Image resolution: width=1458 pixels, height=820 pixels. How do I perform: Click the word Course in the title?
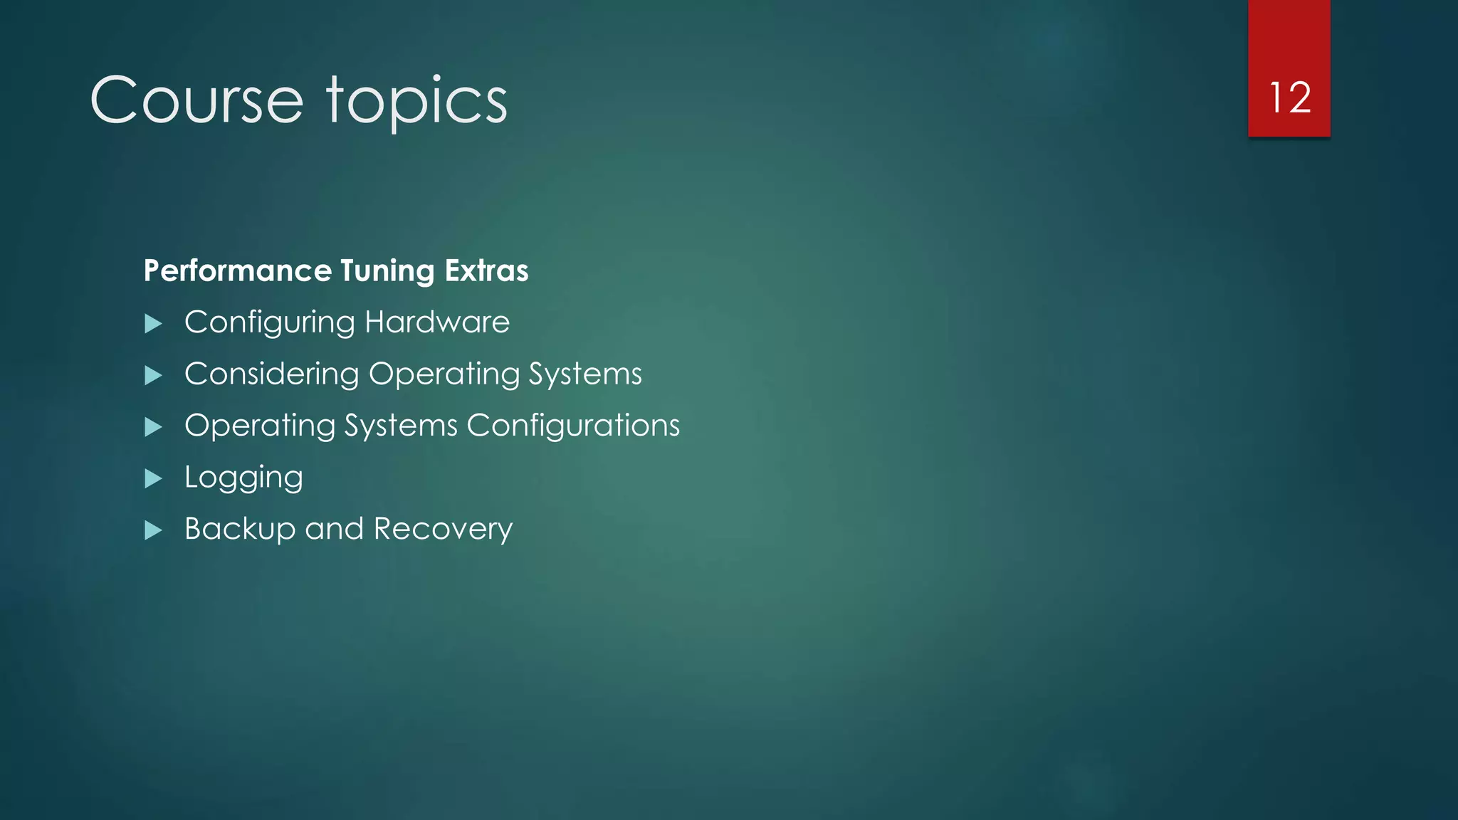click(x=196, y=100)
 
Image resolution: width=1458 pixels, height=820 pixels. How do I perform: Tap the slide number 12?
click(x=1289, y=98)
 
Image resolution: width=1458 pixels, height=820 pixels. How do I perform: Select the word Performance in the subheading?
click(x=238, y=270)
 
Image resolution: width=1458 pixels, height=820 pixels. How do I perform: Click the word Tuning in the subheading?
click(x=387, y=271)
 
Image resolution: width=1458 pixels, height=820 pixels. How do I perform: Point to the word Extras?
click(x=486, y=270)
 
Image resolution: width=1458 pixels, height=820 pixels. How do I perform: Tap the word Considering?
click(x=272, y=374)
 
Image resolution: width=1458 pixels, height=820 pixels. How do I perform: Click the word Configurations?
click(x=573, y=426)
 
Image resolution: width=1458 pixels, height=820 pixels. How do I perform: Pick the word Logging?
click(x=243, y=478)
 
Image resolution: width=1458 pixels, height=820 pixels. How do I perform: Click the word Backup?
click(x=240, y=530)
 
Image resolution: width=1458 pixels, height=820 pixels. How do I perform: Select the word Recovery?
click(x=443, y=530)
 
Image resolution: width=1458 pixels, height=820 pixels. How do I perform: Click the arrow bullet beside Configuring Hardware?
click(x=153, y=325)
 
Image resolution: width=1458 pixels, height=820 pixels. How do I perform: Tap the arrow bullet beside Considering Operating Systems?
click(x=153, y=376)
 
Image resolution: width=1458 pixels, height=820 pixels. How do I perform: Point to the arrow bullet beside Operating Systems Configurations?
click(x=153, y=427)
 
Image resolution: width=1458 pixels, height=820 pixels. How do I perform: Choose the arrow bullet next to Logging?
click(x=153, y=478)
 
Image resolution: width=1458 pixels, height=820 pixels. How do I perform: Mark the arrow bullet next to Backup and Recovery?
click(x=153, y=530)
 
